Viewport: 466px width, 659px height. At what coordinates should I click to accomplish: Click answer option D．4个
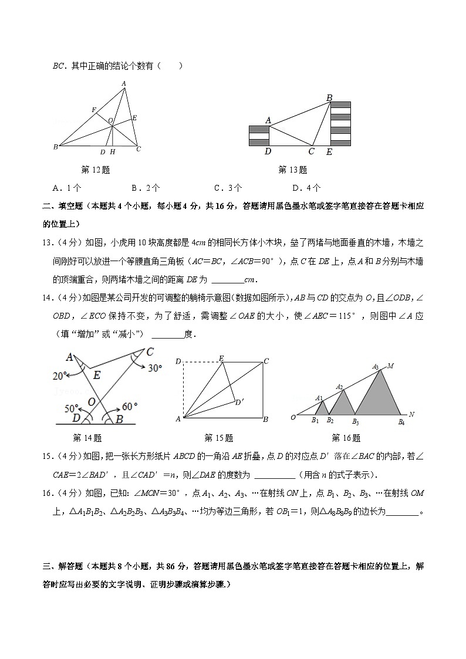pos(306,188)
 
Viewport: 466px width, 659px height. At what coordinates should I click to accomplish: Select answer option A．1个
pos(67,188)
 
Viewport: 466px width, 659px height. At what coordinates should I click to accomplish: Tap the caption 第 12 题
pos(96,170)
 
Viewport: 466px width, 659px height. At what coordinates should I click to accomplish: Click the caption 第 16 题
pos(346,438)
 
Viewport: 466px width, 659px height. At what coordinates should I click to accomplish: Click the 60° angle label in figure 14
pos(128,405)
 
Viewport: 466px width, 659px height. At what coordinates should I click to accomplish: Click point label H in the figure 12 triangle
pos(112,152)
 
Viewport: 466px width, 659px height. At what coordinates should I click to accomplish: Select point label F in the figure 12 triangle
pos(93,110)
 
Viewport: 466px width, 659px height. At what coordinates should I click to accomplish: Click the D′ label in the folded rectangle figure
pos(239,402)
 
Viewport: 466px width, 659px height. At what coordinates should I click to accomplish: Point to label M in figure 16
pos(390,366)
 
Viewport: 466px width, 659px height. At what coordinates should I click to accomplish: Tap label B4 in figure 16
pos(401,421)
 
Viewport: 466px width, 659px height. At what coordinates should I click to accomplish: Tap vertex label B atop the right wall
pos(329,97)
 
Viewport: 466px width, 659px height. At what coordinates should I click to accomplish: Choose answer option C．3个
pos(228,188)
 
